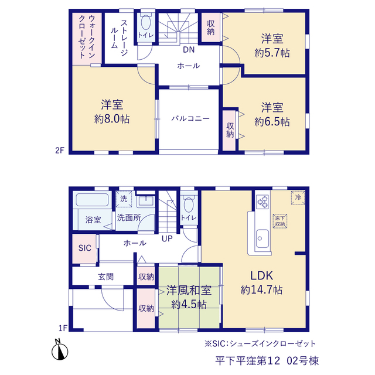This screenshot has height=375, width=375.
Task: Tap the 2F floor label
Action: point(60,151)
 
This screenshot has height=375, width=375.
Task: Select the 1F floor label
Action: point(63,328)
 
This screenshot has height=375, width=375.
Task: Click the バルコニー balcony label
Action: point(190,118)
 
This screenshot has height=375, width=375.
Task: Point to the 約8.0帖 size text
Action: point(112,119)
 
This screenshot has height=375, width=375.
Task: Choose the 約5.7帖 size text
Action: point(272,53)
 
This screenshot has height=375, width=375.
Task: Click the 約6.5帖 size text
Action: point(272,122)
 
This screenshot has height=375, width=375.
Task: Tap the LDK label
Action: point(261,275)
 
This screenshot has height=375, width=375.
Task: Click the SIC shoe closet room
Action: point(84,248)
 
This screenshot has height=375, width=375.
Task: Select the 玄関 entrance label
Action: point(105,277)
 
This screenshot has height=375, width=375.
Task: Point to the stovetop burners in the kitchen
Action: point(262,202)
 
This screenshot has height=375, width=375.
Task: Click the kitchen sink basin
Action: point(262,239)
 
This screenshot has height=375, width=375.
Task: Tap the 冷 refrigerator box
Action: point(298,197)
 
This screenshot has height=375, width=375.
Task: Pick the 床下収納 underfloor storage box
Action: point(280,221)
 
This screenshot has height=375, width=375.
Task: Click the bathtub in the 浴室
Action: point(92,200)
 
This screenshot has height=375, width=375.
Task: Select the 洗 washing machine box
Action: point(124,199)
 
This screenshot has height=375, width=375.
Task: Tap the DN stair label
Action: point(189,50)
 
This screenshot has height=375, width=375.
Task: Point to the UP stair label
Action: point(167,238)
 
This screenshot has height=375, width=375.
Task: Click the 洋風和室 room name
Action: point(189,291)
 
